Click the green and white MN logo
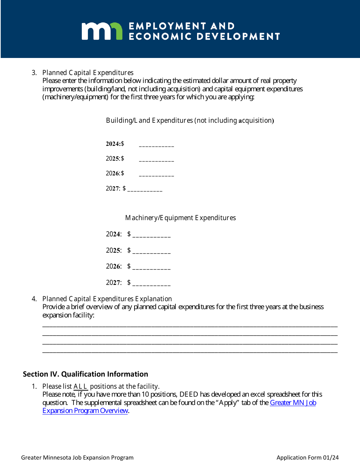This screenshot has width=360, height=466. tap(102, 31)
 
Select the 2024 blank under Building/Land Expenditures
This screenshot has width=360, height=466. tap(157, 145)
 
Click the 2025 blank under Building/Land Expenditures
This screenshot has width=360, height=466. tap(157, 160)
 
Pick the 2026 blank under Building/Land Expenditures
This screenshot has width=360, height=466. tap(157, 174)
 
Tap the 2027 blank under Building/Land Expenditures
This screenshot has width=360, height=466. tap(145, 189)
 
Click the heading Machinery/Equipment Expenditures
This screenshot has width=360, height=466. tap(180, 218)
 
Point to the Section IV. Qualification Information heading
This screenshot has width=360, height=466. tap(85, 374)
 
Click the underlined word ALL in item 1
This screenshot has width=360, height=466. tap(80, 386)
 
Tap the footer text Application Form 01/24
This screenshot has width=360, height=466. tap(307, 458)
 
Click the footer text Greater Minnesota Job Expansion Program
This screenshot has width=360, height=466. tap(77, 458)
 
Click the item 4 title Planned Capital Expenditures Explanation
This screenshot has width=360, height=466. tap(107, 299)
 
